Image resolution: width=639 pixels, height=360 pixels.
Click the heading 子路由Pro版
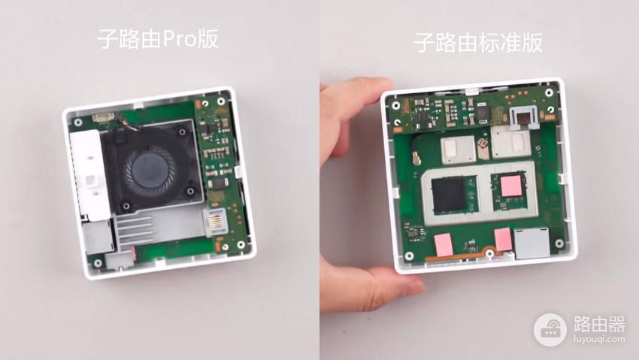coord(158,40)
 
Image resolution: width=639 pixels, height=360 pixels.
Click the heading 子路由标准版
coord(478,43)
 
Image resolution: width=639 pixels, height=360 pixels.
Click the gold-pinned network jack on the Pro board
coord(215,222)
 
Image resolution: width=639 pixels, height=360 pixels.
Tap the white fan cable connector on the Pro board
coord(102,118)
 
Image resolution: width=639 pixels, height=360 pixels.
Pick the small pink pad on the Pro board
coord(133,254)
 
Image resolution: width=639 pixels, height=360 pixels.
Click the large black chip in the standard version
coord(449,195)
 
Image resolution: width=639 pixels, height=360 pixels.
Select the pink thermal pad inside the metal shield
coord(512,186)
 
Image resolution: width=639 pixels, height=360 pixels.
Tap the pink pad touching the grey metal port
coord(503,240)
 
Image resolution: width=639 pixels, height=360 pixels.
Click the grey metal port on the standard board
coord(532,244)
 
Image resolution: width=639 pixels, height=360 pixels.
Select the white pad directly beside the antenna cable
coord(457,150)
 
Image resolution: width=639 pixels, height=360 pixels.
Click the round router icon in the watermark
coord(550,330)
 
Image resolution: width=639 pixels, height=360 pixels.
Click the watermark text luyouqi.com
coord(599,339)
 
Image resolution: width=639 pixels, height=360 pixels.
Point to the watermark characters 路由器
coord(599,324)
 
